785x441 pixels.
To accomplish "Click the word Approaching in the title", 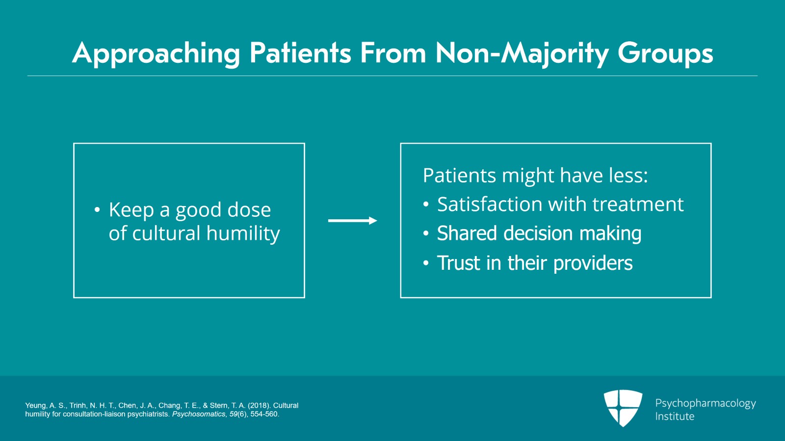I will tap(156, 53).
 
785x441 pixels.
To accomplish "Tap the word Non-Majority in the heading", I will tap(522, 53).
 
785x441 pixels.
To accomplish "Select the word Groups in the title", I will tap(665, 53).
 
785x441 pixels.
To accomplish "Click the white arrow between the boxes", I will tap(352, 221).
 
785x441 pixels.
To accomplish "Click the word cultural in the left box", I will tap(166, 233).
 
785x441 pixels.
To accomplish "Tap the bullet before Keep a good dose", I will tap(97, 210).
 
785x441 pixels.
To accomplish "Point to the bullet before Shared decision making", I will tap(426, 234).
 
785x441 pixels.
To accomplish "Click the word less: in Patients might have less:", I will tap(628, 176).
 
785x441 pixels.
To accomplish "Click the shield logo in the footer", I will tap(623, 407).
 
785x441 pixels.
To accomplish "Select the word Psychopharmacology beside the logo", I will tap(705, 403).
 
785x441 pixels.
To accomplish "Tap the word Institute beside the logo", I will tap(675, 416).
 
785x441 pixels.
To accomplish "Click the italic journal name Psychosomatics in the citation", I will tap(199, 414).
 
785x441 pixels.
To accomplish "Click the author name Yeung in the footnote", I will tap(35, 406).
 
